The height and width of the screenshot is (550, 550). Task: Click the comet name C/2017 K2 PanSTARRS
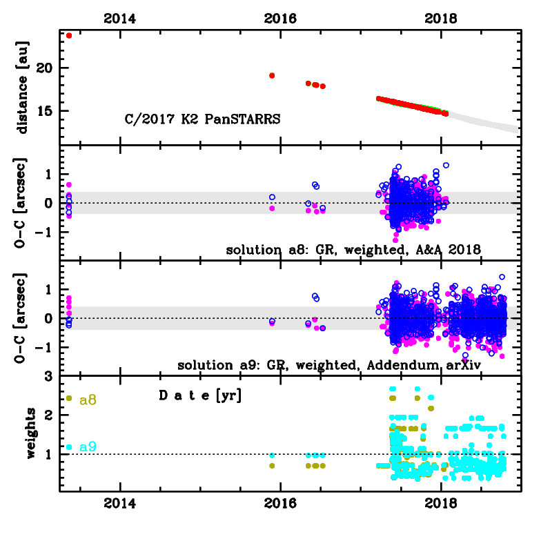202,119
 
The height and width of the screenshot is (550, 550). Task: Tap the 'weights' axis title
32,433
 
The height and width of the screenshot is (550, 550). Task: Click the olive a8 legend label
88,399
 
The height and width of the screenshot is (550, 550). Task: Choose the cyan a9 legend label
88,447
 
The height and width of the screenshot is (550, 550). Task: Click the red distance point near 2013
69,35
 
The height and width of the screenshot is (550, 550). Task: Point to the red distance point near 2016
272,75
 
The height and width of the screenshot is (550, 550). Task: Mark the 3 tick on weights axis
49,377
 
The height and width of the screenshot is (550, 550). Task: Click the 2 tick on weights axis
49,415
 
